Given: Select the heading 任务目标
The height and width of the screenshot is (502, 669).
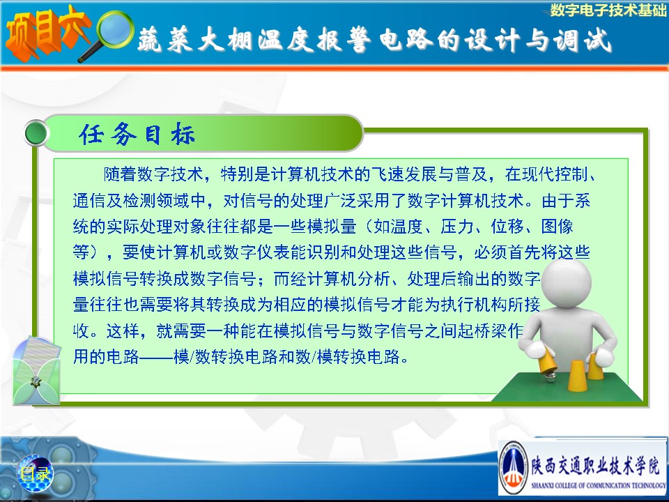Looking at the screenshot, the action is (x=137, y=134).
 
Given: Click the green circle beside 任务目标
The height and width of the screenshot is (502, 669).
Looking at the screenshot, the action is (x=36, y=133).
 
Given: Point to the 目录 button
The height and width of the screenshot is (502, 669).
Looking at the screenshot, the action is (x=35, y=473).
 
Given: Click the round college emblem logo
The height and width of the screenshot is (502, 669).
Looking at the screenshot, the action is (x=514, y=467).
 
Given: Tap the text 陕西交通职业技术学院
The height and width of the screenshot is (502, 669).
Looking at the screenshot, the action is (x=595, y=464).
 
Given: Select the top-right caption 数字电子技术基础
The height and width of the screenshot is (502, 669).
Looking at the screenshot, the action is (x=608, y=10).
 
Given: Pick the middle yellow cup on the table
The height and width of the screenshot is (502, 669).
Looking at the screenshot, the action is (x=576, y=375).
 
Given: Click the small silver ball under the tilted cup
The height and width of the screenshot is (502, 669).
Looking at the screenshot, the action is (x=551, y=376).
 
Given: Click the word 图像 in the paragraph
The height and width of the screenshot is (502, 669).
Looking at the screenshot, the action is (x=557, y=226).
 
